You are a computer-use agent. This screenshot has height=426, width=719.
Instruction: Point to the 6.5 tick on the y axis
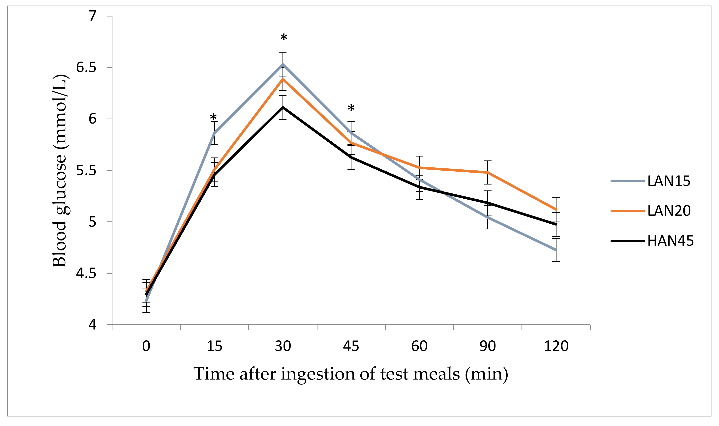point(86,68)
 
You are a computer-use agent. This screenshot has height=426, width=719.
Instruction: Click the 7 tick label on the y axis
point(92,16)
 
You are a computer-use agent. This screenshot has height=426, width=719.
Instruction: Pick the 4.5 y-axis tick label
point(86,273)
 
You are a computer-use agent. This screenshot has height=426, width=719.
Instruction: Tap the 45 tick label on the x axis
point(351,346)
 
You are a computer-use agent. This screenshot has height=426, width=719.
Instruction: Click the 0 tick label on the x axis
point(146,346)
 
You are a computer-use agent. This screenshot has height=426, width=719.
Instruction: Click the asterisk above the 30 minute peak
point(283,38)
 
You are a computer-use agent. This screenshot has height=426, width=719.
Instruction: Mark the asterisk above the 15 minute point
point(213,117)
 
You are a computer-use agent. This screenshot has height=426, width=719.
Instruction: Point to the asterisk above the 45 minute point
point(351,108)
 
